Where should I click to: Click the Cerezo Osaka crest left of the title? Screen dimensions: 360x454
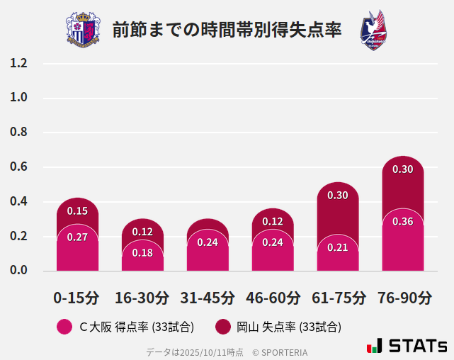tap(83, 30)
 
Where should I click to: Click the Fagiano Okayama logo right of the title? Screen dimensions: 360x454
tap(373, 30)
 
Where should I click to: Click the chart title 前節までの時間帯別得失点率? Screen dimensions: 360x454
tap(227, 30)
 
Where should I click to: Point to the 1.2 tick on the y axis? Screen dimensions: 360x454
tap(18, 64)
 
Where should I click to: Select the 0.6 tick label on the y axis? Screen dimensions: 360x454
tap(18, 167)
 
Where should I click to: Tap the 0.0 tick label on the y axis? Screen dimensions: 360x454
tap(18, 271)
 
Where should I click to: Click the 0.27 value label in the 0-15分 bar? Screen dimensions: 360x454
tap(77, 237)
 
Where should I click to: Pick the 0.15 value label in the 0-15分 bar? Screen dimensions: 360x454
tap(77, 211)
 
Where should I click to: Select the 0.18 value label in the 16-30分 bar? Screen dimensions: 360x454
tap(142, 253)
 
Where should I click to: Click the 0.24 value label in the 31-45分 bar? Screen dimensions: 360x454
tap(208, 242)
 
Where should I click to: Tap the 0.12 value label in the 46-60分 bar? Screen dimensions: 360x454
tap(273, 222)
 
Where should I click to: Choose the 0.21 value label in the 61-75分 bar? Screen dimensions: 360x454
tap(338, 247)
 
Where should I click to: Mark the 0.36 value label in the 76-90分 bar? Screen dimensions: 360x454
tap(403, 222)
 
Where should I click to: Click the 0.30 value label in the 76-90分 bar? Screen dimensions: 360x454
tap(403, 169)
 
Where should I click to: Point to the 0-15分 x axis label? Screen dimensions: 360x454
tap(77, 298)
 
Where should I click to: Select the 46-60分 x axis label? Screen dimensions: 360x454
tap(273, 298)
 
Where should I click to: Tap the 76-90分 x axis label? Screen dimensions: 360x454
tap(403, 298)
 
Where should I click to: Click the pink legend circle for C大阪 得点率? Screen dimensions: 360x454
tap(64, 327)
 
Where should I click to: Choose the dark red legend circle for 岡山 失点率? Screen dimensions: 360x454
tap(224, 327)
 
